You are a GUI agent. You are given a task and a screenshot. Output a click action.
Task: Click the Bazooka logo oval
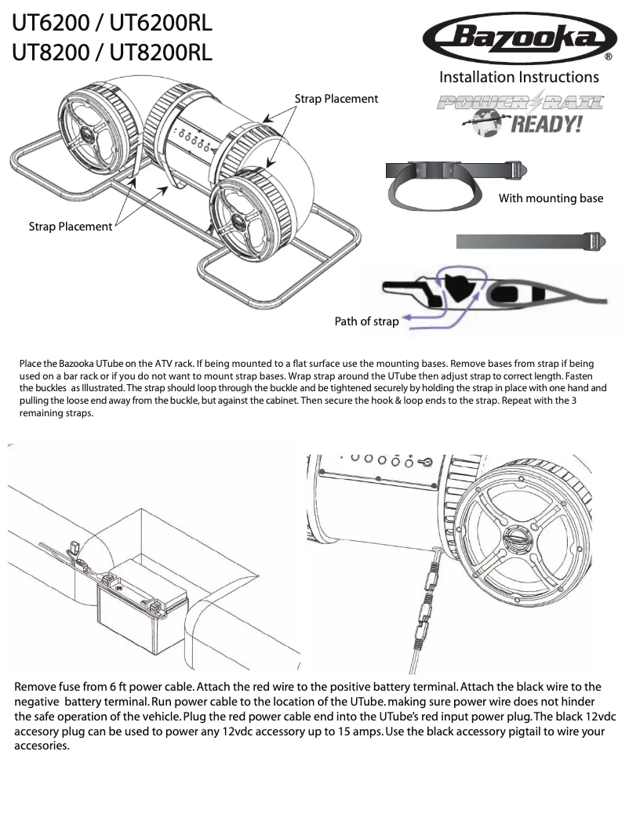(518, 38)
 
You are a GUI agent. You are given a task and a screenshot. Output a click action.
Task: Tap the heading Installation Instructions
(518, 77)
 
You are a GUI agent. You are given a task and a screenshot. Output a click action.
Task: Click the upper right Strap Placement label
(336, 99)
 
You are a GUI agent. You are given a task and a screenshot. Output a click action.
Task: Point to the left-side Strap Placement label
(71, 227)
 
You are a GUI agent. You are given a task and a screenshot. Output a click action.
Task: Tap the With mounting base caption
(551, 198)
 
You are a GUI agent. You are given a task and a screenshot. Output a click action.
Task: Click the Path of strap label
(366, 321)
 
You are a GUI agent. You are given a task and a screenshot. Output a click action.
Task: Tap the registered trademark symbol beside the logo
(609, 57)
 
